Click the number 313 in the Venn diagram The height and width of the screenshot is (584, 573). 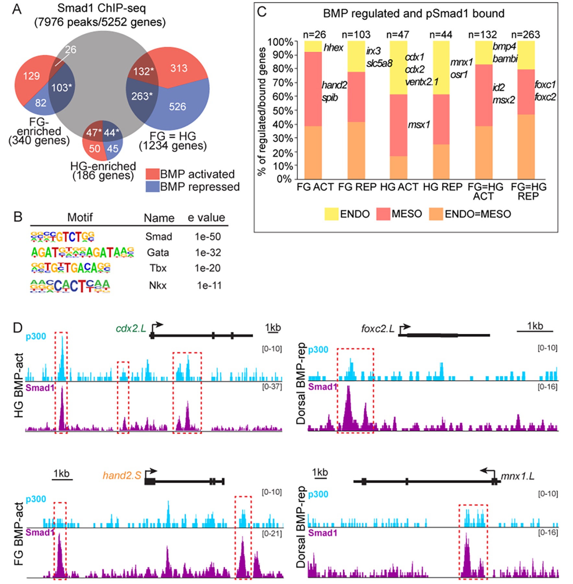click(179, 68)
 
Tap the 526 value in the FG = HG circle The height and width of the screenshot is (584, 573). click(177, 107)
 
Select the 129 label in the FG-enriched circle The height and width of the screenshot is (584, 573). click(31, 76)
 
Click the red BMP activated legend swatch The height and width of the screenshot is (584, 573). click(152, 174)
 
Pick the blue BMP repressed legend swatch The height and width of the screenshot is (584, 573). click(152, 187)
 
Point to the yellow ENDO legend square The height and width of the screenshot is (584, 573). click(331, 214)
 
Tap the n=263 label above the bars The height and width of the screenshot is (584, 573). click(525, 35)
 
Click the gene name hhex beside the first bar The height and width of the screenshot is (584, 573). click(333, 48)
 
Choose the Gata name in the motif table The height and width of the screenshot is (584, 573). click(158, 252)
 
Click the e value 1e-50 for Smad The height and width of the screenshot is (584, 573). click(208, 237)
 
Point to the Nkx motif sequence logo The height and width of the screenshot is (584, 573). click(70, 286)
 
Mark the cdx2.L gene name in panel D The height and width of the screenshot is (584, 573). click(131, 329)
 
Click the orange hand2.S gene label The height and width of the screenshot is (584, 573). click(122, 475)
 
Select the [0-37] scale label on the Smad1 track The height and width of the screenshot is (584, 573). click(272, 387)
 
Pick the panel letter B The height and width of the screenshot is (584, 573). click(18, 217)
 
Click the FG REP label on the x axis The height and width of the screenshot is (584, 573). click(357, 187)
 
